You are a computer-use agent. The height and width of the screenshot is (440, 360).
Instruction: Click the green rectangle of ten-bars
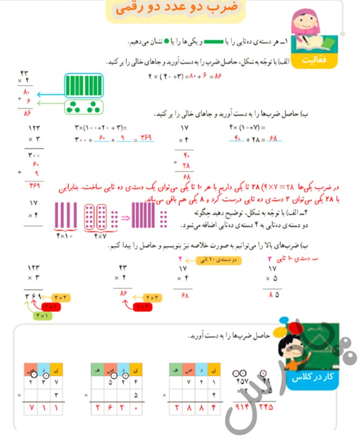coord(83,85)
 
